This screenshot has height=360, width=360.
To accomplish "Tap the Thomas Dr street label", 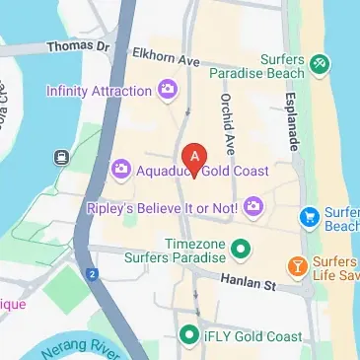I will pyautogui.click(x=75, y=46).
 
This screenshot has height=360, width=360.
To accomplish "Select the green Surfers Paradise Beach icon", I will pyautogui.click(x=319, y=65).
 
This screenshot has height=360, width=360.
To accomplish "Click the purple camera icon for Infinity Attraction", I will pyautogui.click(x=168, y=91).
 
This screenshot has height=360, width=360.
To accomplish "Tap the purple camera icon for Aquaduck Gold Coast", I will pyautogui.click(x=123, y=170).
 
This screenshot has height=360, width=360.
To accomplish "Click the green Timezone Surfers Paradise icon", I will pyautogui.click(x=239, y=246).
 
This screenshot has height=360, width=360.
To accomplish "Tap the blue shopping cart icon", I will pyautogui.click(x=310, y=215).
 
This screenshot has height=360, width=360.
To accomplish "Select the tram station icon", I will pyautogui.click(x=62, y=157).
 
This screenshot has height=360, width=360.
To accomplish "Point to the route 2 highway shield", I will pyautogui.click(x=92, y=273).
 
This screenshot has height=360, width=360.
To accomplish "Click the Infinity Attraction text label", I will pyautogui.click(x=99, y=91).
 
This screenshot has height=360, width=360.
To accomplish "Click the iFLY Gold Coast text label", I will pyautogui.click(x=253, y=336).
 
